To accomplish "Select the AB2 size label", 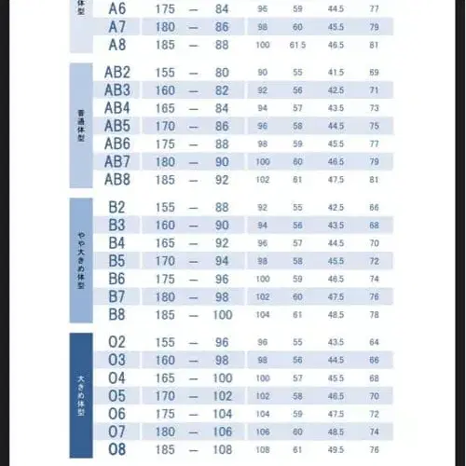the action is [116, 73].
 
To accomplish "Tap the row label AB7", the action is [116, 161].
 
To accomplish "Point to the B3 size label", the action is [116, 225].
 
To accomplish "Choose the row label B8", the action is [116, 314].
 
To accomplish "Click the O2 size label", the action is [116, 342].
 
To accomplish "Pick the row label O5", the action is [116, 396].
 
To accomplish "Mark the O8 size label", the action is [116, 449].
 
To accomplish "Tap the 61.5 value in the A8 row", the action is [298, 45].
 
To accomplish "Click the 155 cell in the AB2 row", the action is [166, 73].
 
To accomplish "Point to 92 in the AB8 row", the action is [221, 180].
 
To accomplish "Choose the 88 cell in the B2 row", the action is [221, 207].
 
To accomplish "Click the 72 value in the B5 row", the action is [374, 261].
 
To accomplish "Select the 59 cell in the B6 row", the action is [298, 279].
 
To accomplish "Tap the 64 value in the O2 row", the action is [374, 342].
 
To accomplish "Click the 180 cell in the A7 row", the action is [166, 27].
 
